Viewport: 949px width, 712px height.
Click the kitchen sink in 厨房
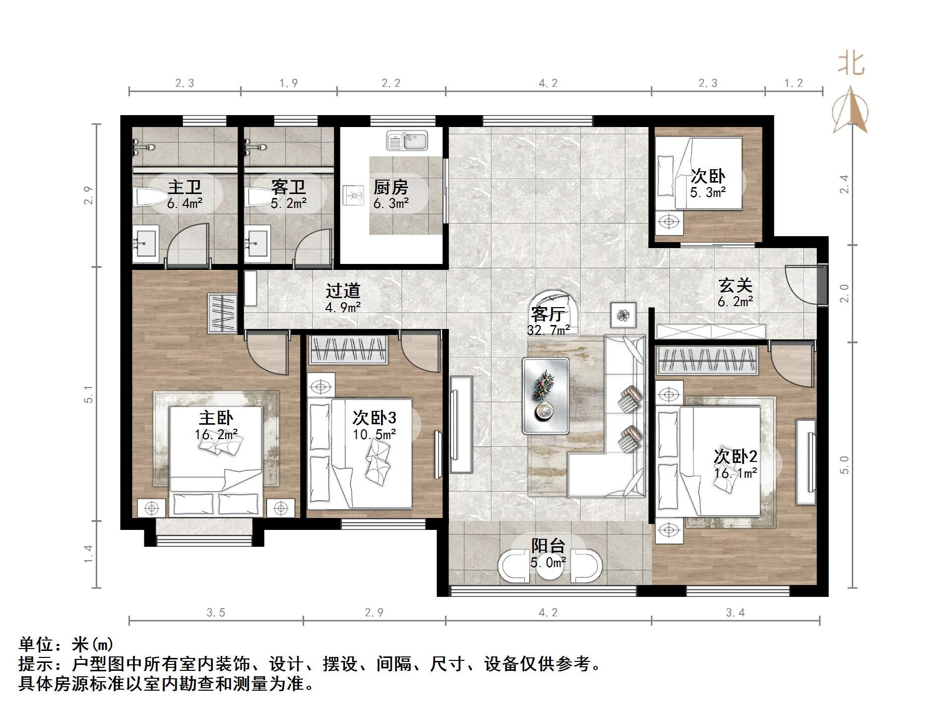point(407,140)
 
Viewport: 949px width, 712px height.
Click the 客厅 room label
point(547,314)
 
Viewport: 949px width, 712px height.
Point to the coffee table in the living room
point(546,395)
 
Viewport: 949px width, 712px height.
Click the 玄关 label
point(735,285)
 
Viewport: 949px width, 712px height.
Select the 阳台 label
point(548,546)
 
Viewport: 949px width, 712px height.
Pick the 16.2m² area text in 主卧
point(216,435)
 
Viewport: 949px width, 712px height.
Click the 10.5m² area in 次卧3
point(374,435)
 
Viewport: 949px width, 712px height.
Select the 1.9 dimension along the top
point(288,83)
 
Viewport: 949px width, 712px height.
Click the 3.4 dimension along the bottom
point(735,613)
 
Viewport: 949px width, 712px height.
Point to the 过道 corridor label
point(342,291)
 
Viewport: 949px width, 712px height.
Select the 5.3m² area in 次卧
point(707,193)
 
